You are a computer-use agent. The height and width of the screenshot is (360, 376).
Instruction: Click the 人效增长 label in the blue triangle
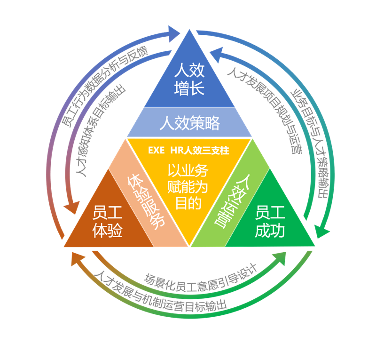[x=189, y=80]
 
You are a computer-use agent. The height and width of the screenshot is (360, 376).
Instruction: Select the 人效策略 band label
[x=189, y=123]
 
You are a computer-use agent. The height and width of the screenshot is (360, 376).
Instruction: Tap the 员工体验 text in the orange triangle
[x=108, y=221]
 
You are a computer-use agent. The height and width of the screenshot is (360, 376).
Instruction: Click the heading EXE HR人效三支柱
[x=188, y=151]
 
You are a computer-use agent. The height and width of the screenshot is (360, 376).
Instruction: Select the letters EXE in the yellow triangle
[x=157, y=151]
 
